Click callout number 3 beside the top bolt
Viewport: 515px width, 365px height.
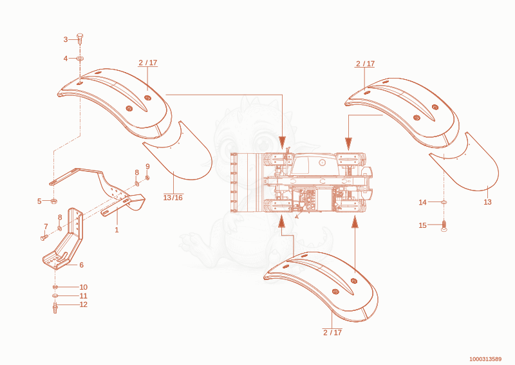pos(66,39)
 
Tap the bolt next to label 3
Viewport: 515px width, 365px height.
pos(80,39)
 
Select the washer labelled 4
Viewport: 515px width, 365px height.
pos(80,58)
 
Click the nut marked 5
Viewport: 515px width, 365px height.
pos(53,201)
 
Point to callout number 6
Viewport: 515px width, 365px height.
pos(82,265)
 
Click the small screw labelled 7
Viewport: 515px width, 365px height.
pos(44,236)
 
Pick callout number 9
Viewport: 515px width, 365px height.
pos(147,167)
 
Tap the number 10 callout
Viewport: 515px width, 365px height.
pos(84,287)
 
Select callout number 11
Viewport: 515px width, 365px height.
pos(84,296)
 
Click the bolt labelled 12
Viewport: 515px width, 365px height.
pos(55,308)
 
